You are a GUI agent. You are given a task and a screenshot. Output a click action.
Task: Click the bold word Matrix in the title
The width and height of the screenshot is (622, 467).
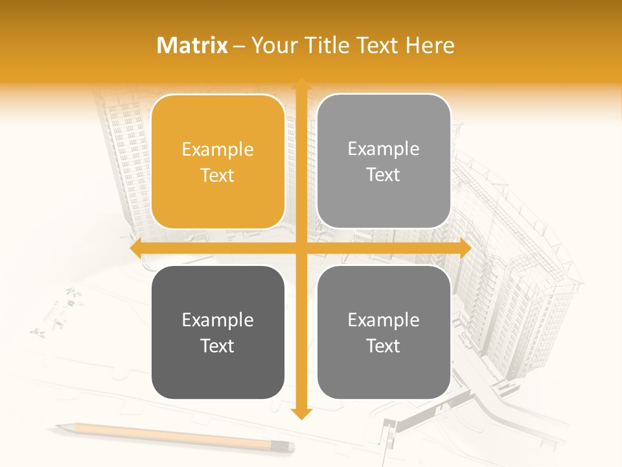192,45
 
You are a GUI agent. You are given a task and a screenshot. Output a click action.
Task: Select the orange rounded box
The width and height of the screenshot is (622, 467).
218,162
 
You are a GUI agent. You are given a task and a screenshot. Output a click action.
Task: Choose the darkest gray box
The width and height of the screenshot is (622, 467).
218,332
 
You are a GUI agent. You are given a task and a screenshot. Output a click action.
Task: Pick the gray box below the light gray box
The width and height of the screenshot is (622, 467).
384,332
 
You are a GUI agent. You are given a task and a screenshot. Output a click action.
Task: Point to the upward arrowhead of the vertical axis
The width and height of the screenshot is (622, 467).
301,84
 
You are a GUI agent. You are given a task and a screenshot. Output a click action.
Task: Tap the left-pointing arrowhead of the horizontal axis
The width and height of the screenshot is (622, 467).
135,248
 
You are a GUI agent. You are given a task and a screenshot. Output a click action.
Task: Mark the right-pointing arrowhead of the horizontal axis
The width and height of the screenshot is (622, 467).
465,248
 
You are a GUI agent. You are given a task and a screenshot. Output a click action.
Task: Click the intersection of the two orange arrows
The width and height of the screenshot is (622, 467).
301,248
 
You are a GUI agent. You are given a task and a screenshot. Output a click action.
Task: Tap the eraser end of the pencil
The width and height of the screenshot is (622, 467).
289,446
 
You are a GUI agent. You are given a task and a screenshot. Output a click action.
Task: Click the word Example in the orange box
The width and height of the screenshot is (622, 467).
218,150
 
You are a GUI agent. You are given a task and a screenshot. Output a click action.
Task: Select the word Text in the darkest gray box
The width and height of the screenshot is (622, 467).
218,346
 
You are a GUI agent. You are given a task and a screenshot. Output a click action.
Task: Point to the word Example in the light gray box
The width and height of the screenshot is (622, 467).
384,149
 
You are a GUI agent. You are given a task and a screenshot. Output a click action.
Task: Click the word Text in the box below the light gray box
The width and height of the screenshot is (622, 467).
384,346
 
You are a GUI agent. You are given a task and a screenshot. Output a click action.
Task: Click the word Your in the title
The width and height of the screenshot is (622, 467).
271,45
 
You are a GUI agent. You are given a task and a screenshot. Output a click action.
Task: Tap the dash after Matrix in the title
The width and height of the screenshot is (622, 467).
239,46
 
